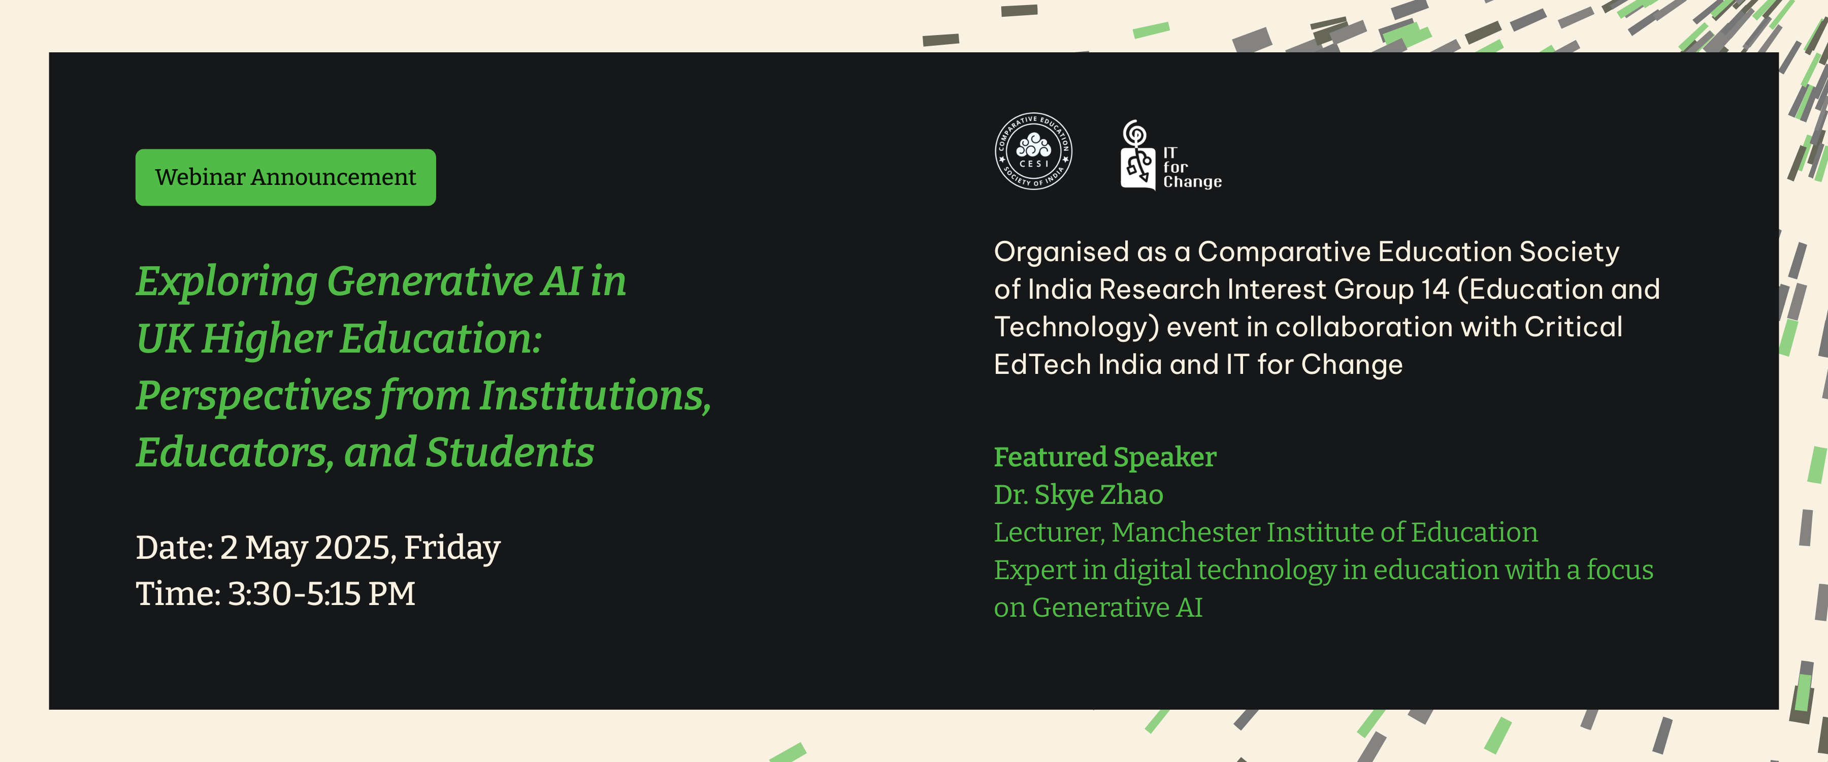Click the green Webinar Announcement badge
285,177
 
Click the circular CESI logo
1033,151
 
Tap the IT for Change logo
1171,155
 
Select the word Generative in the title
429,282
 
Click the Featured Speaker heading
1105,457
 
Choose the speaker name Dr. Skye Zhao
1079,495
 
